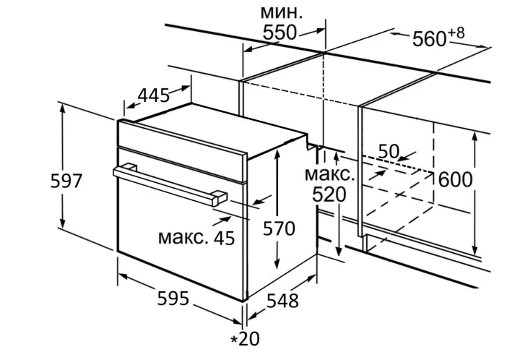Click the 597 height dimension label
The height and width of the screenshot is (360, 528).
point(66,181)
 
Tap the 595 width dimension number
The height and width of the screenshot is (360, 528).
point(173,299)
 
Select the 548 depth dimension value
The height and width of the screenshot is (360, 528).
point(282,301)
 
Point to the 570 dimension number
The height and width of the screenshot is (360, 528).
point(279,228)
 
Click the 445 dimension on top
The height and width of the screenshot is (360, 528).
point(154,95)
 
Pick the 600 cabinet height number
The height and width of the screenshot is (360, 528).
point(455,180)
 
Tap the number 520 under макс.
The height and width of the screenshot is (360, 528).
point(329,194)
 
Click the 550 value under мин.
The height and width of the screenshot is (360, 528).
point(280,33)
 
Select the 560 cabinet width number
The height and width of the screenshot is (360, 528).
point(429,38)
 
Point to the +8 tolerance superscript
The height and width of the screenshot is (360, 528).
point(456,33)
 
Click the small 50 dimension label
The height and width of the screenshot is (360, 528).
point(389,151)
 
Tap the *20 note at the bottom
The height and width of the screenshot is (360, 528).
point(245,339)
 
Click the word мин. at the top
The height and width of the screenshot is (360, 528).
point(282,13)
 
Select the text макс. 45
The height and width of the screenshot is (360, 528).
point(196,237)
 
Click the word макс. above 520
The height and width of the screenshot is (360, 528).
point(329,175)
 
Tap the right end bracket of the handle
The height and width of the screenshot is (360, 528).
point(220,198)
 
